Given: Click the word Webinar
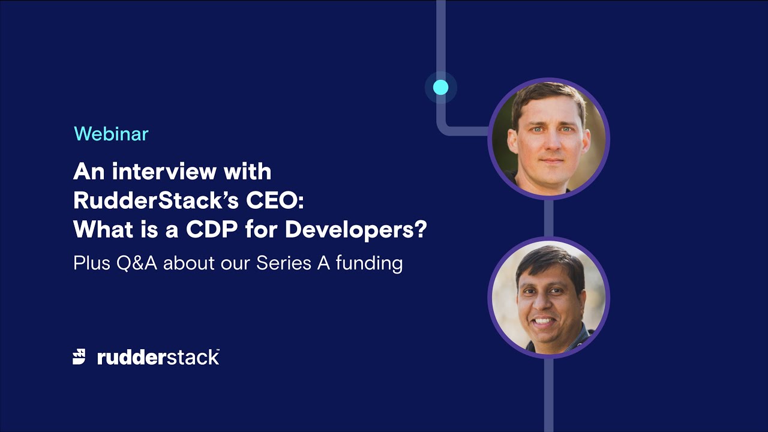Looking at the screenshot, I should tap(111, 134).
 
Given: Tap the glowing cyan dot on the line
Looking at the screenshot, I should tap(440, 88).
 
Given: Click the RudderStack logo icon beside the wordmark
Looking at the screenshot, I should tap(79, 357).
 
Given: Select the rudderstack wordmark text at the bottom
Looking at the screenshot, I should tap(158, 358).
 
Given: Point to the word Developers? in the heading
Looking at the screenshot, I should tap(355, 230).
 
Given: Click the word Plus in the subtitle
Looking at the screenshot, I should tap(91, 263).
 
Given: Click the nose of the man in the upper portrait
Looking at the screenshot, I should tap(548, 144).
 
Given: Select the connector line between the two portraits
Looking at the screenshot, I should tap(548, 218).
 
